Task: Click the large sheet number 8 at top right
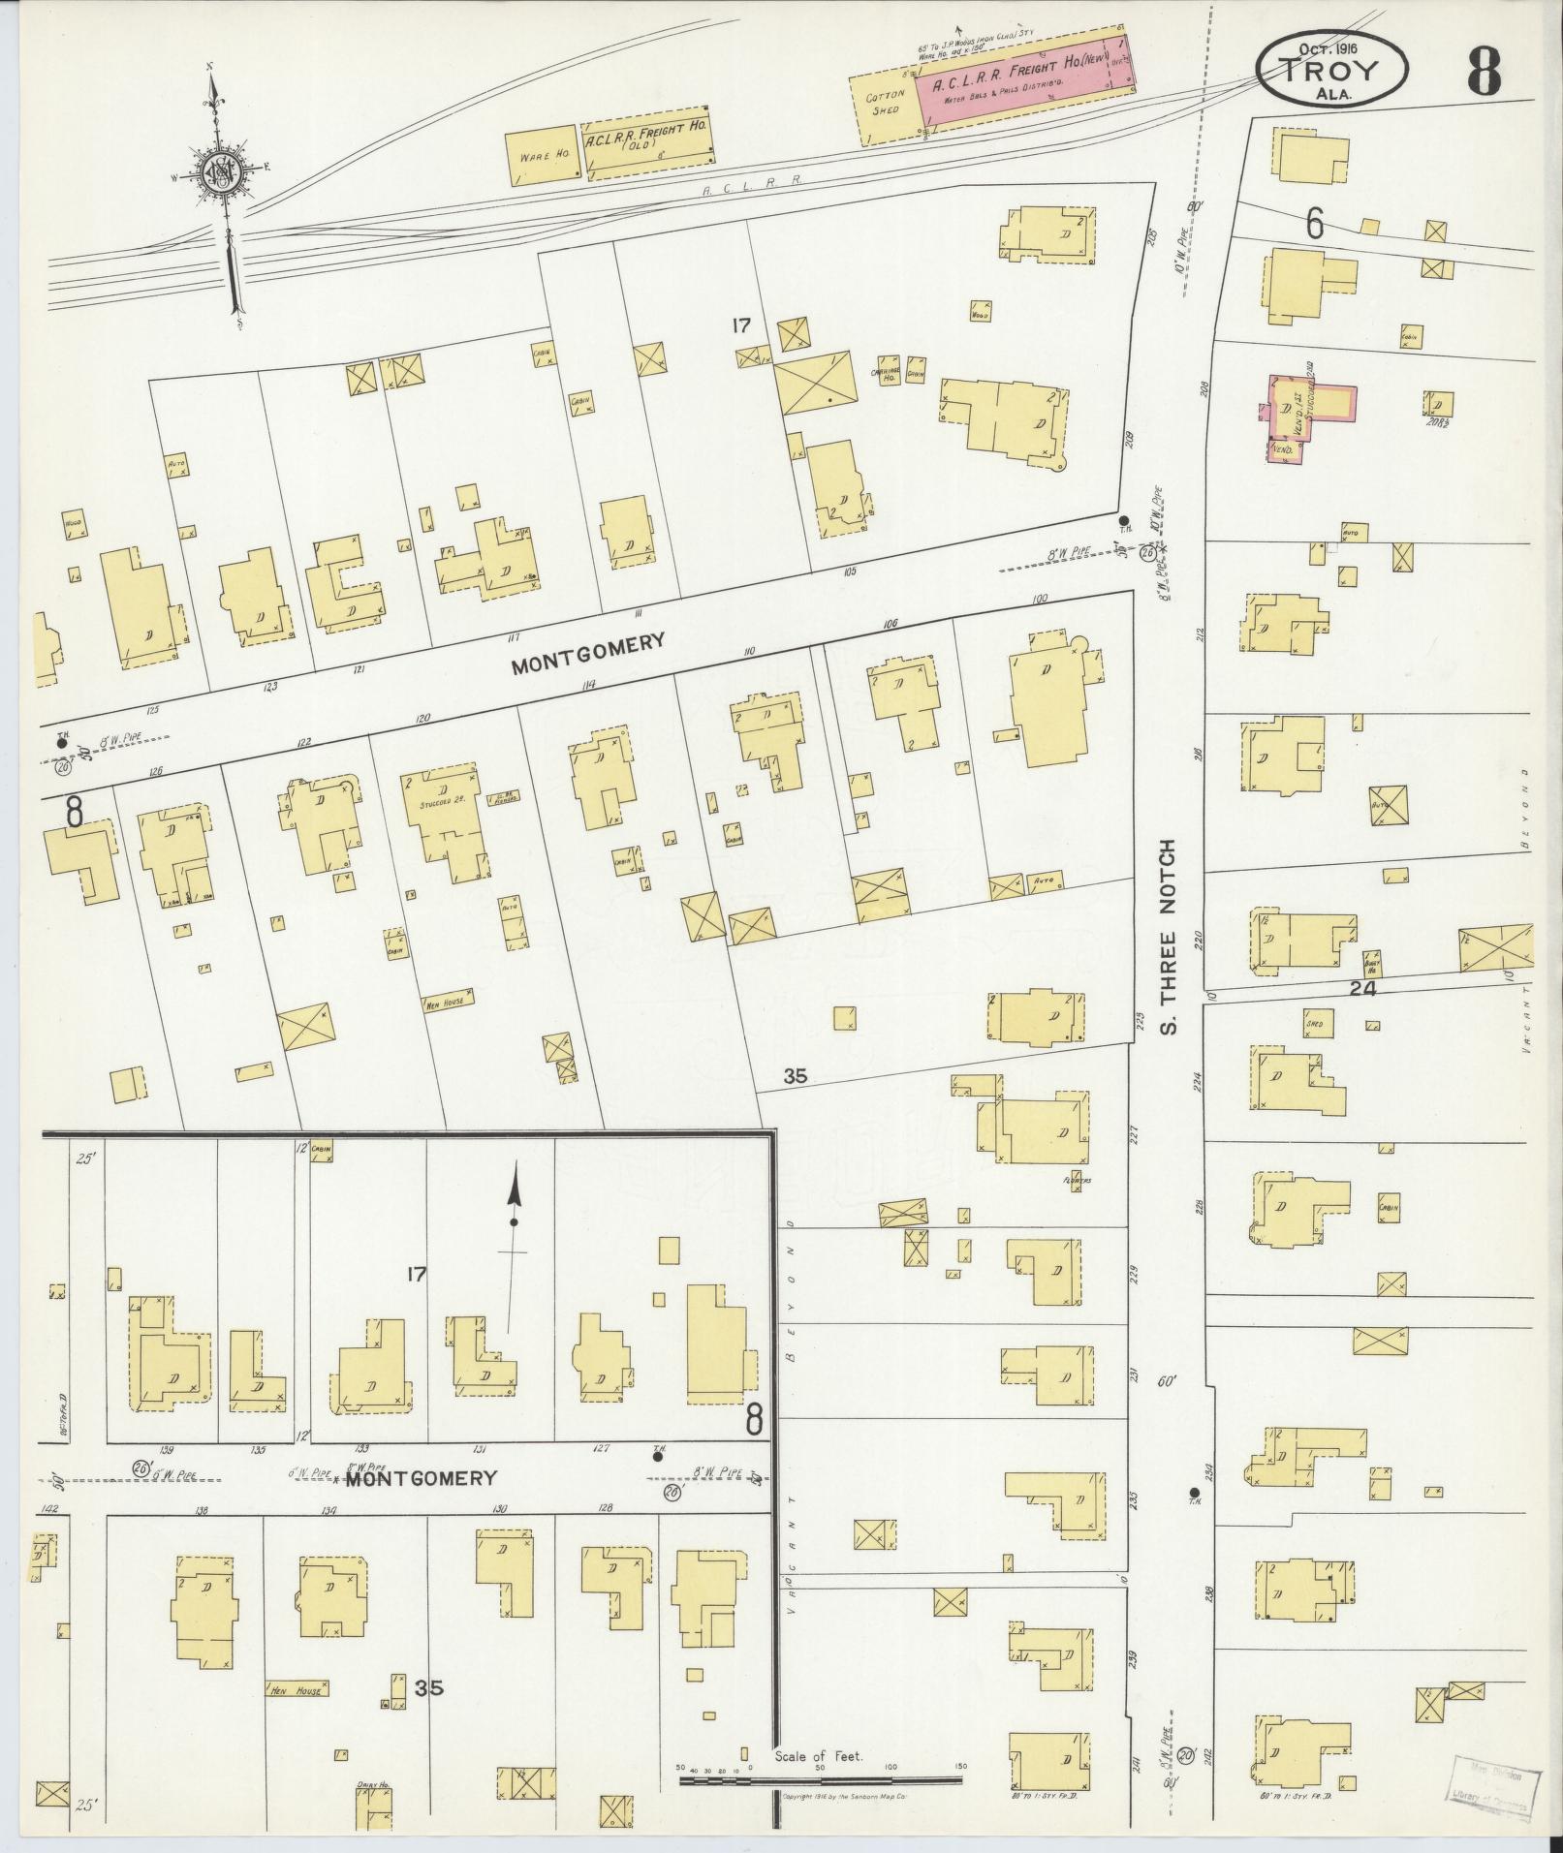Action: pos(1483,70)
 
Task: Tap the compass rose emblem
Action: pos(222,174)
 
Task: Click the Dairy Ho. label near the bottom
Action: pos(372,1785)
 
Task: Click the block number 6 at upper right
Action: pos(1314,224)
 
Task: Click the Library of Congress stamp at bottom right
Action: pos(1494,1781)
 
